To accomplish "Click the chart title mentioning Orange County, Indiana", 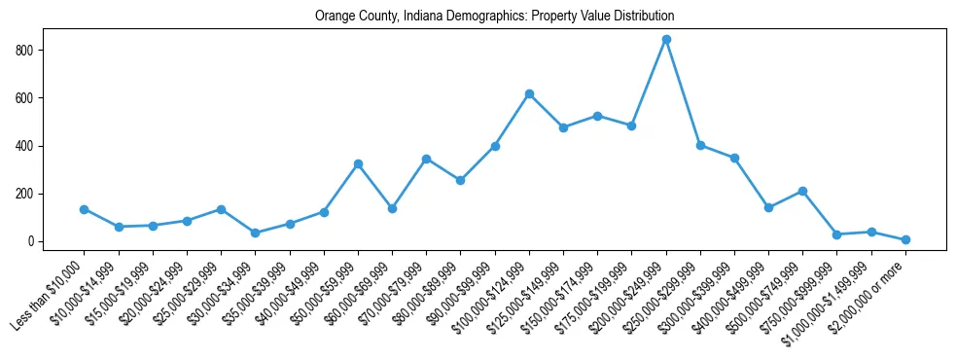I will (494, 17).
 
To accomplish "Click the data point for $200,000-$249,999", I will (666, 40).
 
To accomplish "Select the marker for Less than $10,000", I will (85, 209).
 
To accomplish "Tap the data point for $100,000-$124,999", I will (529, 93).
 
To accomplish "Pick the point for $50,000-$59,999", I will (358, 164).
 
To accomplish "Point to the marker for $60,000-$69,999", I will (392, 208).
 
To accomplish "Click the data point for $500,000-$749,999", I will (802, 191).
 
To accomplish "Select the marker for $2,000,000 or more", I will (905, 239).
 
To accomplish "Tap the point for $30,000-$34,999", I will (255, 233).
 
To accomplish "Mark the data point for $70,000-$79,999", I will (426, 159).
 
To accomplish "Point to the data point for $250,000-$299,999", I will (700, 145).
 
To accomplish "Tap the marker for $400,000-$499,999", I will (768, 207).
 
